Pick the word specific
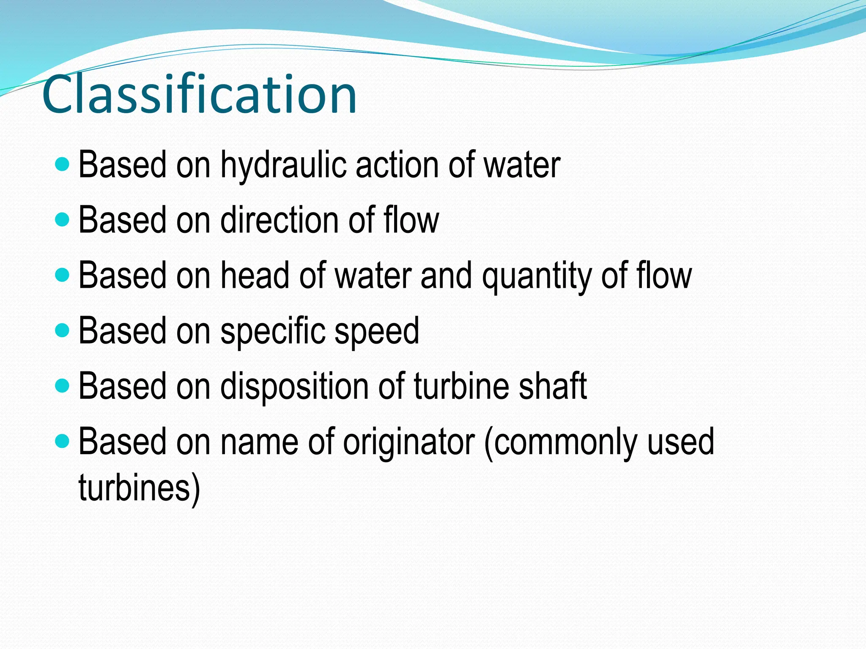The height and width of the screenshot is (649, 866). point(273,331)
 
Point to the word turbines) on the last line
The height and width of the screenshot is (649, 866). point(139,488)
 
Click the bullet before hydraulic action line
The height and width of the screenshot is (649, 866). point(62,164)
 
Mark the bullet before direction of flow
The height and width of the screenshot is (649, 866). point(62,219)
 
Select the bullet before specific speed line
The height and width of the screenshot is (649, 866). point(62,330)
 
